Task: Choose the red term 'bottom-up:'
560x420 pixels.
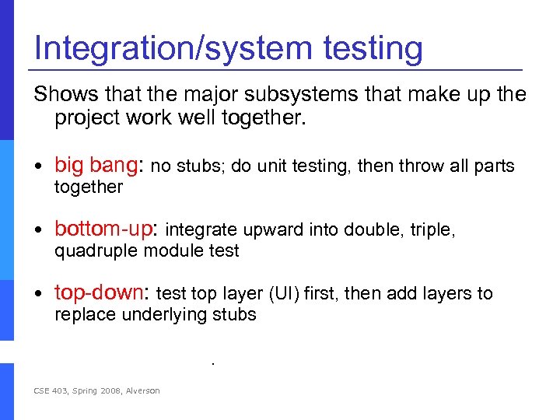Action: point(107,229)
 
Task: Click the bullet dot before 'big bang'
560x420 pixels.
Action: point(38,166)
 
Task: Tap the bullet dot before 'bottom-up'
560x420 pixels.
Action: point(38,230)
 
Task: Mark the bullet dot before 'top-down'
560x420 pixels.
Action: point(38,294)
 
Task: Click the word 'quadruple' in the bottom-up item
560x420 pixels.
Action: point(90,251)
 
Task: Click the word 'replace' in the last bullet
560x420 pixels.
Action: point(81,315)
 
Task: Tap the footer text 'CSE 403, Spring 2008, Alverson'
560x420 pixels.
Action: point(96,390)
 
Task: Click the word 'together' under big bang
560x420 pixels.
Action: point(89,187)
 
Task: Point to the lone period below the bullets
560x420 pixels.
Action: point(212,363)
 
